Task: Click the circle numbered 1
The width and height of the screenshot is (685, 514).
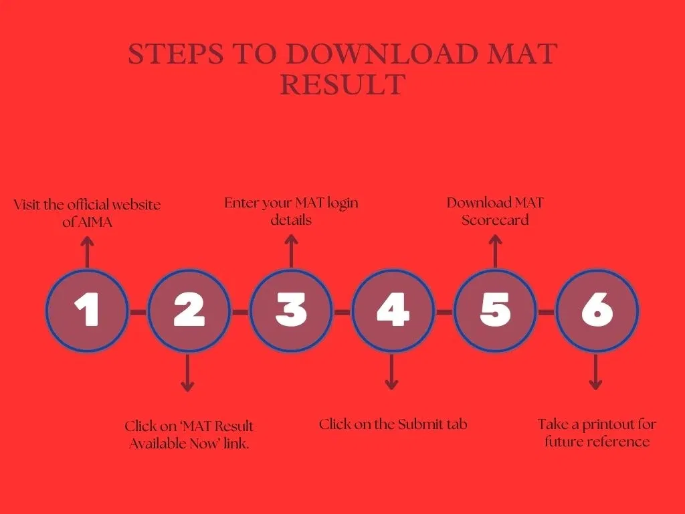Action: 88,311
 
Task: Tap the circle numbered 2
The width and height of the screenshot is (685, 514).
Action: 189,311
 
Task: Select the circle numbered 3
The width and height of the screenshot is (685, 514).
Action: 292,311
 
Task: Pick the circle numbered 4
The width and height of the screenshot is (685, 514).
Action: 393,311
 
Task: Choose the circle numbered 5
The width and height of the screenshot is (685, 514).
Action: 495,311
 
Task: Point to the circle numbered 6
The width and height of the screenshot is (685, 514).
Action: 597,311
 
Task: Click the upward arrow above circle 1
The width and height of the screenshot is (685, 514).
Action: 88,252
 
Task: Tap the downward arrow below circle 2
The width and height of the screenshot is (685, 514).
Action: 187,373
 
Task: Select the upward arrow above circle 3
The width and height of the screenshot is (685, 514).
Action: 292,251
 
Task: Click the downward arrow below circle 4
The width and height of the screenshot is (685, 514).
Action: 391,372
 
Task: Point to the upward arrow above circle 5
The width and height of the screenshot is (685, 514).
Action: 495,251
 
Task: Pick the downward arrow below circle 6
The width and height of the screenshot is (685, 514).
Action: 595,372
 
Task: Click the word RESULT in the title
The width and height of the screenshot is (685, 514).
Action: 343,84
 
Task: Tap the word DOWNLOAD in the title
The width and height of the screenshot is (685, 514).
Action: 382,54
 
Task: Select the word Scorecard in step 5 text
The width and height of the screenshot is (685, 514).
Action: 495,220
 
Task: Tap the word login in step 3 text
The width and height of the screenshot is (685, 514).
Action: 342,203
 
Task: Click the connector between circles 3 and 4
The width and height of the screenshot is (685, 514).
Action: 342,312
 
